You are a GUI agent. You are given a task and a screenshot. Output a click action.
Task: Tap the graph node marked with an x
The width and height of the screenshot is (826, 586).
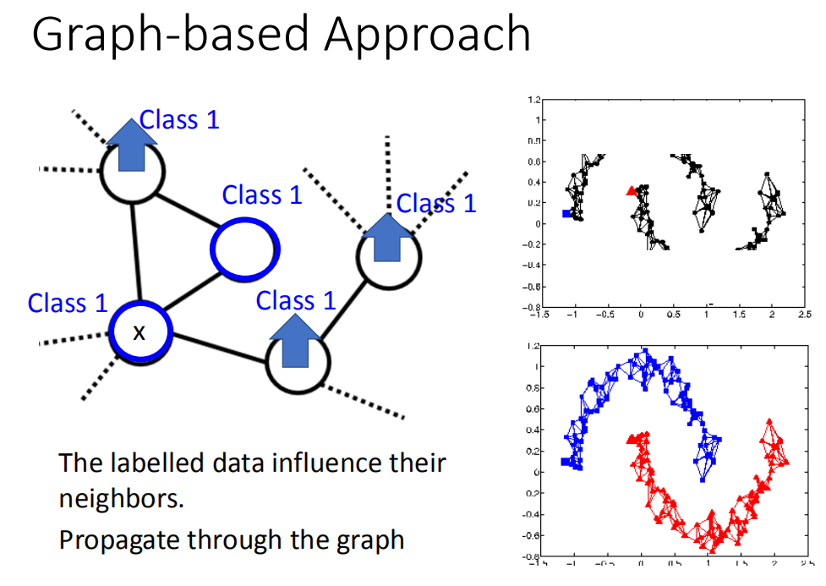tap(139, 332)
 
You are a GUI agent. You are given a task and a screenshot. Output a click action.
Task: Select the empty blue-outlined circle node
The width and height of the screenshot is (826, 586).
tap(245, 249)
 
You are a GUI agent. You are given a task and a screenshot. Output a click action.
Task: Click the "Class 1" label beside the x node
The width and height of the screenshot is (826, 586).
tap(68, 303)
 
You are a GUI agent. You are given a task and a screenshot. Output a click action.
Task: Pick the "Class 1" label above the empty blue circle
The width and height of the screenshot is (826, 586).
tap(261, 195)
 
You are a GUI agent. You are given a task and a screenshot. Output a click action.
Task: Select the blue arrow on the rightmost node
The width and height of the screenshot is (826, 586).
tap(388, 236)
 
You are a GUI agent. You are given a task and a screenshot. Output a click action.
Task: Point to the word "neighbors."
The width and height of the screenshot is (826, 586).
tap(121, 497)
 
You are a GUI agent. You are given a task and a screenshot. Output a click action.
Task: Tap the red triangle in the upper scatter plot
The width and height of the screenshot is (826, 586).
tap(631, 191)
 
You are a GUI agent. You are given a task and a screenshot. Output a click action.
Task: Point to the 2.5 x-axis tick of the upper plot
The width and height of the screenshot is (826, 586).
tap(804, 315)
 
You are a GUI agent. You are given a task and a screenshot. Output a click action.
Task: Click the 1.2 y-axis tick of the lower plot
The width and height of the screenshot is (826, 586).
tap(531, 346)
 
